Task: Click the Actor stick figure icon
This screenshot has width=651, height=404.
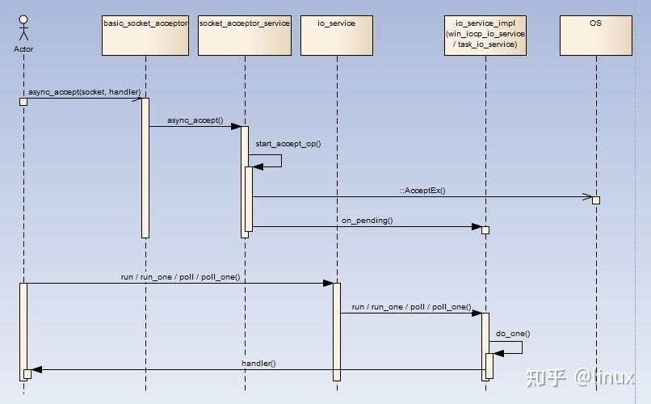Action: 23,27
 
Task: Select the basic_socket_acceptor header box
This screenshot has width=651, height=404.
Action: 145,35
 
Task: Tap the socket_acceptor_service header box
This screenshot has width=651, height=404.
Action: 244,35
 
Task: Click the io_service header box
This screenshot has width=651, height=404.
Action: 337,35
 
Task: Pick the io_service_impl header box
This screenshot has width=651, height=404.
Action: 485,35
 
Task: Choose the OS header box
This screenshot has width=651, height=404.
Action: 595,35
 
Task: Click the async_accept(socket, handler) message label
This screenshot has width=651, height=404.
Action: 84,92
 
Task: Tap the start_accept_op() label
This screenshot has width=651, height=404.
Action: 288,144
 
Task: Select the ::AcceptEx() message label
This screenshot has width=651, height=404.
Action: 422,191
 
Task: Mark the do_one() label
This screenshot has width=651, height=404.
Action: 513,333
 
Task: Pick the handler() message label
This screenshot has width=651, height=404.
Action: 258,364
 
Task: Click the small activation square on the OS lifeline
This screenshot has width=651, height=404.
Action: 596,200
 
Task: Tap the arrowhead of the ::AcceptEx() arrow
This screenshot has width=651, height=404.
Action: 588,196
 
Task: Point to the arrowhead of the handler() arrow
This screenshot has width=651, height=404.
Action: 36,370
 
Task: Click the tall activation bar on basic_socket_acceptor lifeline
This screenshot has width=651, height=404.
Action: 145,167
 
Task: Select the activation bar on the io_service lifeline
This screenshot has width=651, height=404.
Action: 337,330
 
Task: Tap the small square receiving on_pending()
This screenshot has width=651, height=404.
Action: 485,230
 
